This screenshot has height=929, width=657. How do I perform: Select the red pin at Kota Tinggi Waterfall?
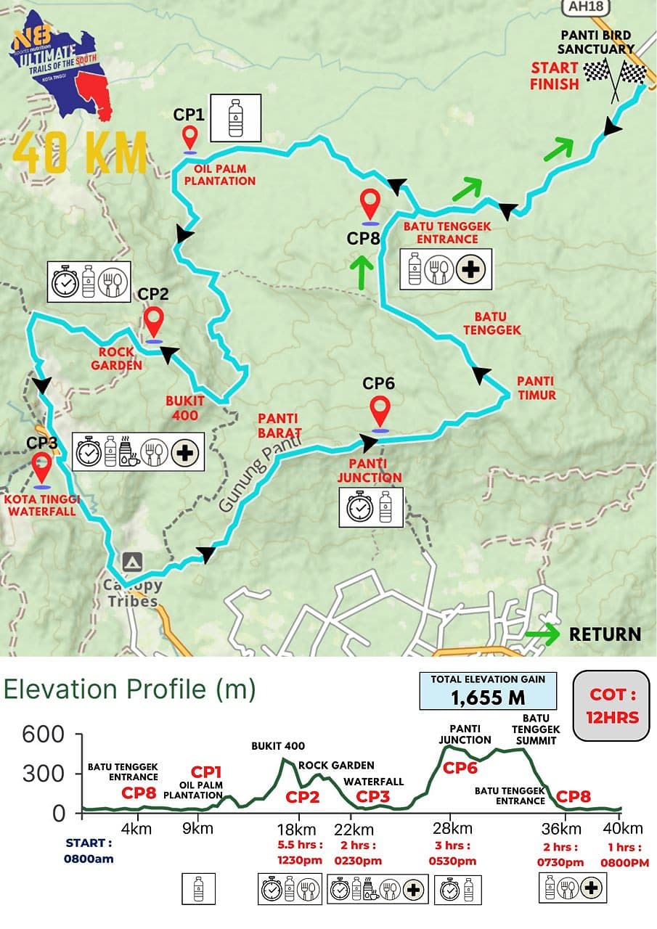[42, 468]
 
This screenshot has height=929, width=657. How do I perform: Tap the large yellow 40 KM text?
[80, 151]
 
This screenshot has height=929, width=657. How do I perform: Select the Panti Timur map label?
[536, 388]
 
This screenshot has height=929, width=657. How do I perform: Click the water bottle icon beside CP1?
[235, 118]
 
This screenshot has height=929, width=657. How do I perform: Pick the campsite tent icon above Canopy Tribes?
[131, 561]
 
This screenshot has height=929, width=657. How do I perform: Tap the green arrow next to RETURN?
[542, 634]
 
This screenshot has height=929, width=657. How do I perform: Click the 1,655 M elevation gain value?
[488, 697]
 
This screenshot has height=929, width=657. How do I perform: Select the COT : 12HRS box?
[612, 705]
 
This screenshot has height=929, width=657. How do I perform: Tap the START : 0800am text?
[89, 851]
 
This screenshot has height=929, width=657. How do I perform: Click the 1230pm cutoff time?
[297, 861]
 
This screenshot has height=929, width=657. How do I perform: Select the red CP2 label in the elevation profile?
[302, 797]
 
